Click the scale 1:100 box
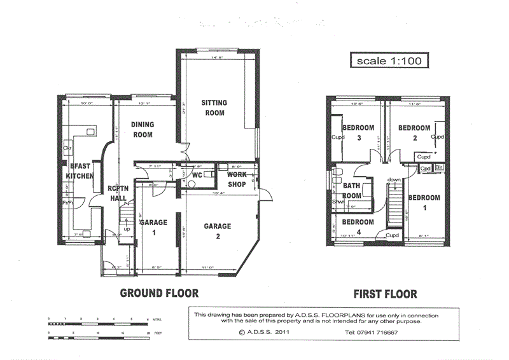click(387, 61)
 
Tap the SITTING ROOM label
click(214, 107)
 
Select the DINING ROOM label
click(143, 130)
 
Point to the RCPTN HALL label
click(117, 193)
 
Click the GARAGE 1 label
click(153, 227)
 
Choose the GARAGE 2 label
click(217, 231)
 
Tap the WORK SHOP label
click(237, 178)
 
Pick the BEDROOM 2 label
click(414, 132)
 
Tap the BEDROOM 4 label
click(358, 226)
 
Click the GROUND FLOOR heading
click(160, 293)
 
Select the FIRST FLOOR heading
click(386, 294)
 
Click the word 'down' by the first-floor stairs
click(394, 180)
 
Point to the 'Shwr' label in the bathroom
click(337, 203)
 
